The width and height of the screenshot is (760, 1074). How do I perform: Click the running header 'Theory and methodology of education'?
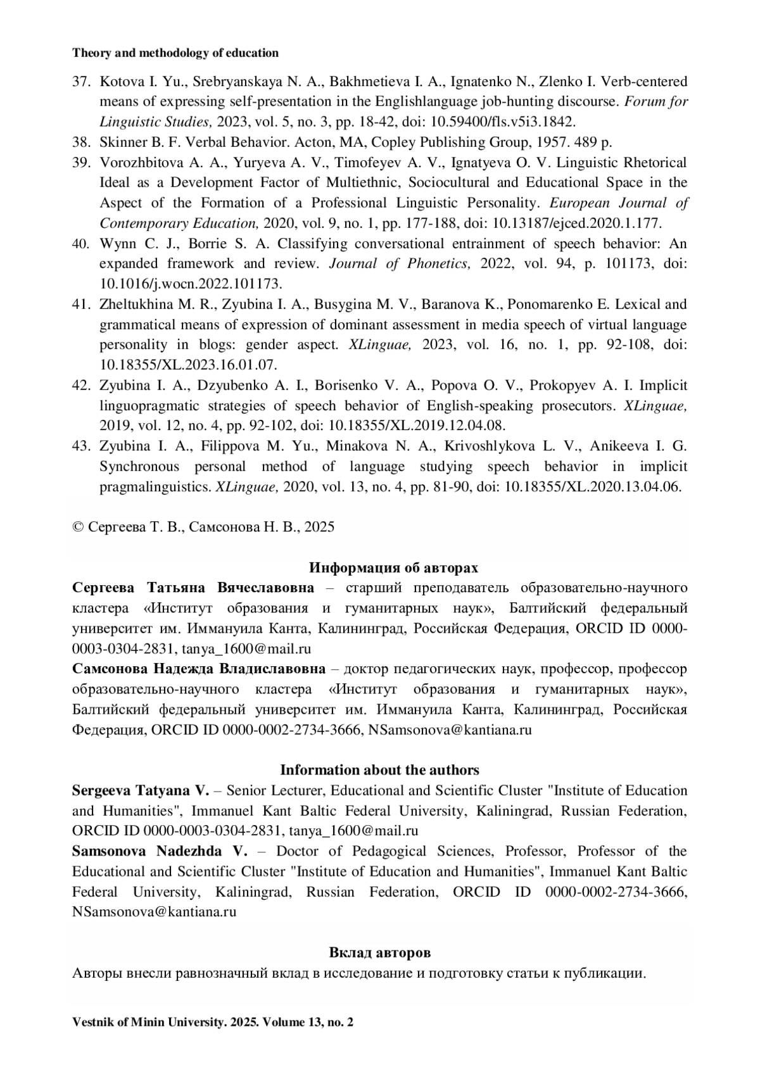pos(175,53)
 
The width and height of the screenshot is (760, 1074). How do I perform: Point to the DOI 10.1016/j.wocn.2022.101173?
pos(191,284)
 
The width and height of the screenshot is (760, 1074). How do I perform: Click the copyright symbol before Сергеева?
pos(78,527)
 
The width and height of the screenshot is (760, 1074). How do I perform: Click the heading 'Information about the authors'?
pos(379,770)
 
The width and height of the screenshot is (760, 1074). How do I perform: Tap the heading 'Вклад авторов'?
pos(379,952)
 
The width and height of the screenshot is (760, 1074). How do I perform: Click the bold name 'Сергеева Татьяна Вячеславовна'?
pos(193,588)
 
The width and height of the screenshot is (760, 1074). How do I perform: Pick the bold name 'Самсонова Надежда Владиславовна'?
pos(199,669)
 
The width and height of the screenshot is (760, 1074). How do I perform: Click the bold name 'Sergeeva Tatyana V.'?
pos(140,790)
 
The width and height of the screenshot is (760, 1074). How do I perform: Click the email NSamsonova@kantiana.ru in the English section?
pos(155,912)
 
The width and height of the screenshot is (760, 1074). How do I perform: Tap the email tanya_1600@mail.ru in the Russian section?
pos(246,648)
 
